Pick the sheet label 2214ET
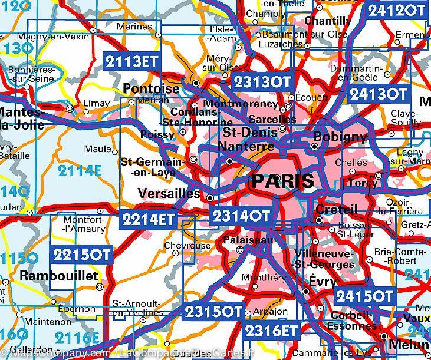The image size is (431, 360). [149, 220]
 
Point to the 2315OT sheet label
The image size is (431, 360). [213, 311]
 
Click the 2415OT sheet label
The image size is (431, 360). [364, 296]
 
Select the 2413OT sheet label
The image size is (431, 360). [378, 94]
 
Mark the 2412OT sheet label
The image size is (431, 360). [396, 10]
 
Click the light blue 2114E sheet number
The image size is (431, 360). [80, 171]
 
